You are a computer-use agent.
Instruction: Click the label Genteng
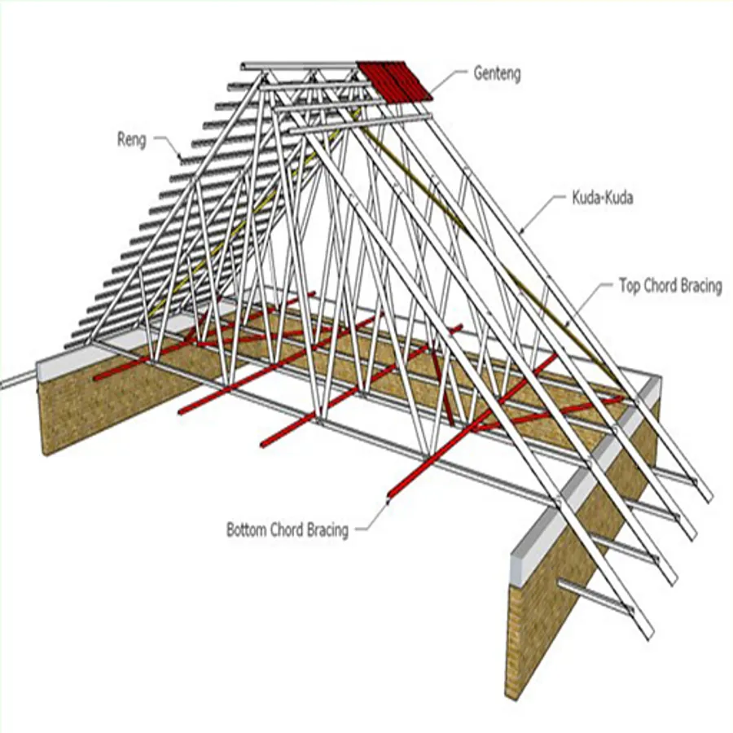pos(497,74)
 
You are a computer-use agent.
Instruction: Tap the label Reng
pos(131,139)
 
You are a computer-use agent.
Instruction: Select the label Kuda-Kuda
pos(603,198)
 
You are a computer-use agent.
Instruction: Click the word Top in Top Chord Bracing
pos(630,285)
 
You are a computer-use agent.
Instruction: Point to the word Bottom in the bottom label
pos(247,529)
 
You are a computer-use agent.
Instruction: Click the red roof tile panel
pos(394,81)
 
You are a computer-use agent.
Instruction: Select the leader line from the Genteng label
pos(448,81)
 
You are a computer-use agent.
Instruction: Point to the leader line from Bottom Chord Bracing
pos(374,516)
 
